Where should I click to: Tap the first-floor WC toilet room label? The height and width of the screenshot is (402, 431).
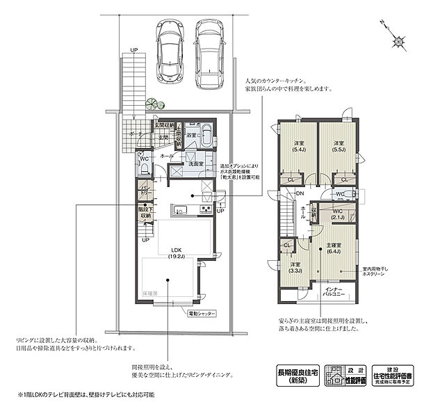pos(145,159)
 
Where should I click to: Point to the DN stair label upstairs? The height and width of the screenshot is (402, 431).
pos(300,193)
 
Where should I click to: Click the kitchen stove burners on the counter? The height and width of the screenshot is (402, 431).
pos(206,209)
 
